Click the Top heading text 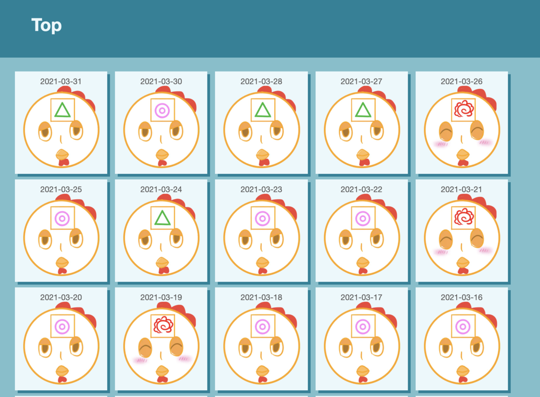click(46, 25)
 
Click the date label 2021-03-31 click(61, 82)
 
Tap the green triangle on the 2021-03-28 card click(263, 110)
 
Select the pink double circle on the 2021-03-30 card click(162, 110)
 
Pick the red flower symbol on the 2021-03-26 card click(464, 109)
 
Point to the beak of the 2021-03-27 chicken click(363, 155)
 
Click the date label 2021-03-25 click(61, 189)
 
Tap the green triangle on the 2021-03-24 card click(162, 218)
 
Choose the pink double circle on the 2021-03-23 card click(262, 219)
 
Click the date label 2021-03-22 click(361, 189)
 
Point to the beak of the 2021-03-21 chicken click(463, 263)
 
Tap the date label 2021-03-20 click(61, 297)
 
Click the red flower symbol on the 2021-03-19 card click(163, 325)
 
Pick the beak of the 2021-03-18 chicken click(262, 371)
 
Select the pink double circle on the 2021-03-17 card click(363, 327)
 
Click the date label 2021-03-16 click(462, 297)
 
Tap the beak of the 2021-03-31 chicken click(62, 155)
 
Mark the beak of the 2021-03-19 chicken click(162, 371)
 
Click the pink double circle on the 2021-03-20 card click(62, 327)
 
